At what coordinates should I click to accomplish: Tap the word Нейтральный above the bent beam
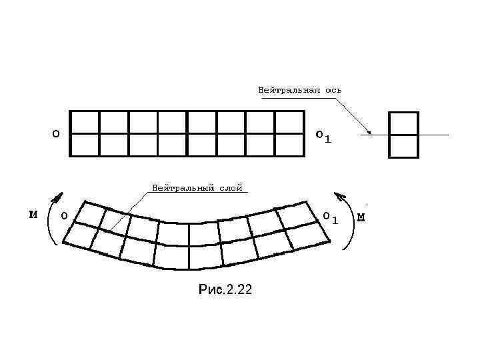(183, 188)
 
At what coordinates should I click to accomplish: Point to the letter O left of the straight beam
(56, 133)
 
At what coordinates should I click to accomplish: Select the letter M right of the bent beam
(361, 217)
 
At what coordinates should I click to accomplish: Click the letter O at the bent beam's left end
(63, 216)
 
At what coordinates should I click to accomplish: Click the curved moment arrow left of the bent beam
(51, 220)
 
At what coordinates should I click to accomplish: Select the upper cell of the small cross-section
(403, 123)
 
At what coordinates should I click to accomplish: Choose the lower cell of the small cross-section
(403, 146)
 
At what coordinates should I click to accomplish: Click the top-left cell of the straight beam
(85, 123)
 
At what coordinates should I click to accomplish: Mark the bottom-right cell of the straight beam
(289, 145)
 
